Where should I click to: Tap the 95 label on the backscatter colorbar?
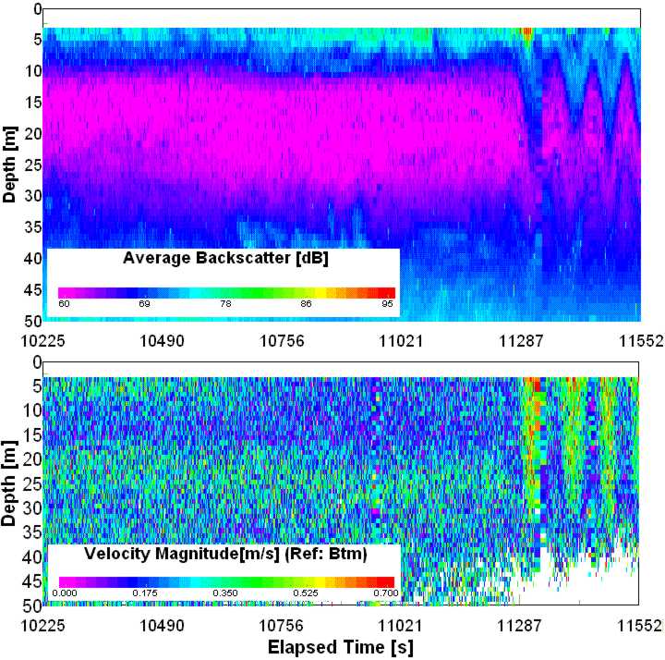coord(389,303)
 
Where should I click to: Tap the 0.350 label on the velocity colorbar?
coord(225,593)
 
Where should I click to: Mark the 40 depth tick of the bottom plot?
coord(31,556)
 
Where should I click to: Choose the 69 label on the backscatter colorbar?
coord(145,303)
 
